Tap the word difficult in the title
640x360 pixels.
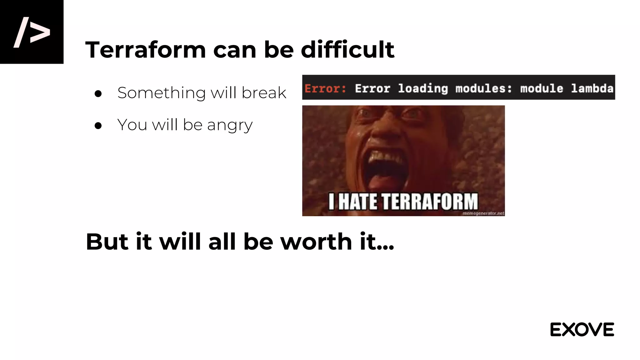(347, 50)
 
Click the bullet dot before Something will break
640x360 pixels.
(98, 93)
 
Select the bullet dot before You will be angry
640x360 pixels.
(98, 125)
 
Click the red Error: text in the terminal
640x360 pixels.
(325, 88)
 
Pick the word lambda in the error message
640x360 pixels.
(592, 88)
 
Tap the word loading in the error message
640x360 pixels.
(423, 88)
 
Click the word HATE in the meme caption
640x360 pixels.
(357, 202)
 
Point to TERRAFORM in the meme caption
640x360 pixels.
(430, 202)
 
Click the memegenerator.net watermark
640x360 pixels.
(483, 213)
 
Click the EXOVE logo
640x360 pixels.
(582, 330)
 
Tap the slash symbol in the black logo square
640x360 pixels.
(21, 32)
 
